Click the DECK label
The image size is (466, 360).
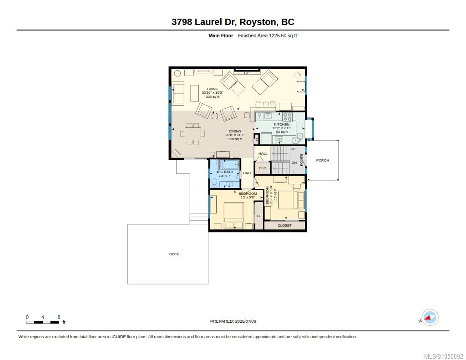[x=174, y=254]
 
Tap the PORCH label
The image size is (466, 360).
[x=323, y=160]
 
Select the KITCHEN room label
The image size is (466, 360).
[x=282, y=124]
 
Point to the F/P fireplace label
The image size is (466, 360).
[x=247, y=73]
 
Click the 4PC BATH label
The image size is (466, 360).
[x=225, y=172]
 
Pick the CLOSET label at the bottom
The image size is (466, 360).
[x=284, y=225]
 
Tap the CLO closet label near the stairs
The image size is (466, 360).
[x=263, y=168]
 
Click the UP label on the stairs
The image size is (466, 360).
[x=293, y=149]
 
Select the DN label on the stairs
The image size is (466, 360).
[x=294, y=162]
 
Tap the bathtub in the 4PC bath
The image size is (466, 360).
[x=229, y=164]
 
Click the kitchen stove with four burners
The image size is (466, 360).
[x=287, y=116]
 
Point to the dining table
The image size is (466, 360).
[x=192, y=134]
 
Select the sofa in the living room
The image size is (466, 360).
[x=178, y=93]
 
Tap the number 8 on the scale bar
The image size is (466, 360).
[x=59, y=317]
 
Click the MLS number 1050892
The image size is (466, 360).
[x=453, y=356]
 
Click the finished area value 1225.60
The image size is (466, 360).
[x=278, y=35]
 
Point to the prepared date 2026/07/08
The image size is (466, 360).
[x=245, y=321]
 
